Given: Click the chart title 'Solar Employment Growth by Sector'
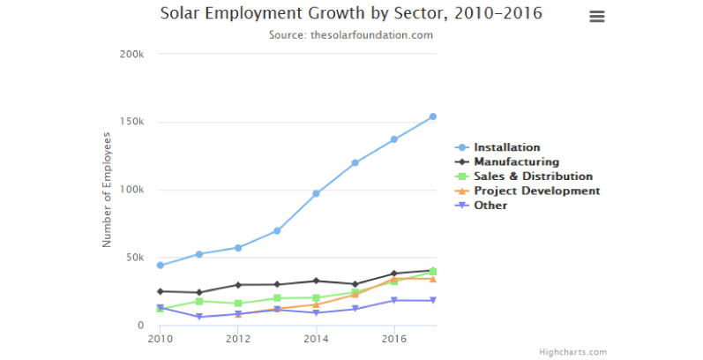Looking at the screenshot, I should click(x=351, y=13).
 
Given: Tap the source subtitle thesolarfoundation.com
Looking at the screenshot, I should click(x=351, y=35).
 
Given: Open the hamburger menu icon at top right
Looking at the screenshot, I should click(x=597, y=17).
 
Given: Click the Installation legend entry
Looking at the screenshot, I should click(x=506, y=147).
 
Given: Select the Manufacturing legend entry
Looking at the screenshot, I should click(x=516, y=161).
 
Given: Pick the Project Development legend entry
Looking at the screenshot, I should click(x=536, y=191).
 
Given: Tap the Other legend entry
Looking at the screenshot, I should click(x=490, y=205).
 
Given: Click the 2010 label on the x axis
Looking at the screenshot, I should click(x=160, y=338).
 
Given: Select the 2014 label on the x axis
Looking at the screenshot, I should click(x=316, y=338).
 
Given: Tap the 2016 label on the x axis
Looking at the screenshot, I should click(x=393, y=338).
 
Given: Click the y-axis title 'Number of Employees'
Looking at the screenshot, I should click(x=107, y=190).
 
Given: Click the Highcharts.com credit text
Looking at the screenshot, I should click(x=573, y=352).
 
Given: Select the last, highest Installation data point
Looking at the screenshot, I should click(x=432, y=116).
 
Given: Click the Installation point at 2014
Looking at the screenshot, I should click(x=316, y=193).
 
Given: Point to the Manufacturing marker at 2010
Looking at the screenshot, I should click(x=160, y=291).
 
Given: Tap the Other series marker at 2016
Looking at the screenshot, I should click(x=393, y=301).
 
